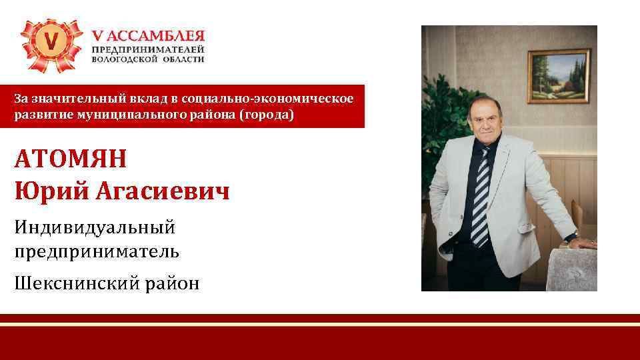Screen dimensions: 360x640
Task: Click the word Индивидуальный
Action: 95,227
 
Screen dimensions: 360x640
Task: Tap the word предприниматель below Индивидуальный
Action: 97,251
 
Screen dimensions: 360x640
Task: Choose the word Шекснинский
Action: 78,283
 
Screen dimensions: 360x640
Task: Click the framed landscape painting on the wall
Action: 559,75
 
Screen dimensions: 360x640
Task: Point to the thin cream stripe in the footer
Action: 320,324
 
